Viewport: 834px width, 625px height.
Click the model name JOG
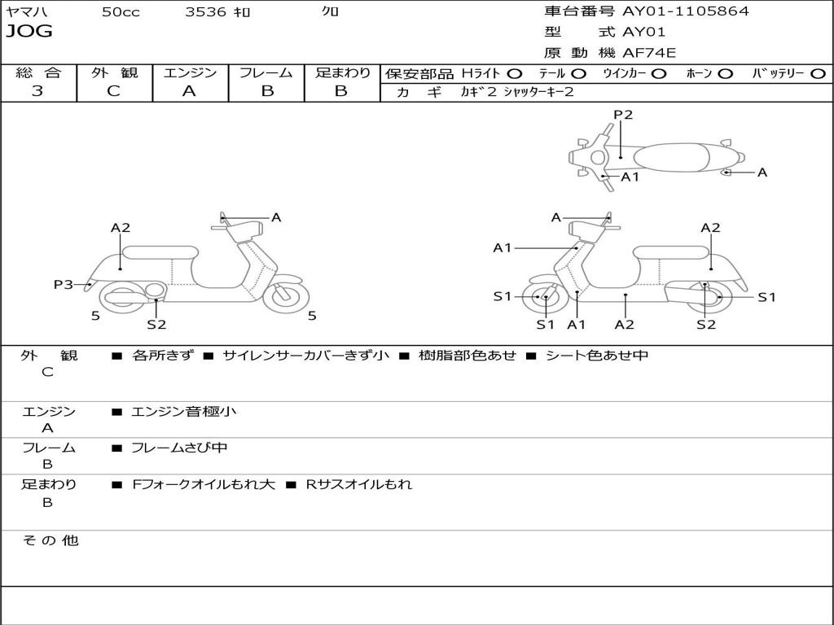[29, 32]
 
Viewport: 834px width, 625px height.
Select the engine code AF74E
[649, 54]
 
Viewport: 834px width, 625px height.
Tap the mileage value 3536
[206, 12]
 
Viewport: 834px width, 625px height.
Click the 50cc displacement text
[121, 12]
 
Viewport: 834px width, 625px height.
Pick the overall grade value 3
[37, 91]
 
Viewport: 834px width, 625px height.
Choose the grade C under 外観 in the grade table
[114, 91]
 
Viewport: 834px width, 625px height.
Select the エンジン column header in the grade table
[190, 72]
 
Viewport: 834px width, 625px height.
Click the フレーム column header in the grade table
[266, 72]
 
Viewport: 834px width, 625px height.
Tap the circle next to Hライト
[515, 73]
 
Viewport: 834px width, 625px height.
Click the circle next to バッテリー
[818, 73]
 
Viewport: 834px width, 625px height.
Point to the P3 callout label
[64, 284]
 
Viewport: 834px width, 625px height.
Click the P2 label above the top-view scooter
[623, 115]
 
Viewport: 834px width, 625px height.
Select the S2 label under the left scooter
[156, 325]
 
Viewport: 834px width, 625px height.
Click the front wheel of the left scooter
[287, 295]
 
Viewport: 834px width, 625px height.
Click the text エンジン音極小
[184, 412]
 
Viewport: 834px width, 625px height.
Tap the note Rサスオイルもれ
[359, 484]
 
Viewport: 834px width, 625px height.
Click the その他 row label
[50, 540]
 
